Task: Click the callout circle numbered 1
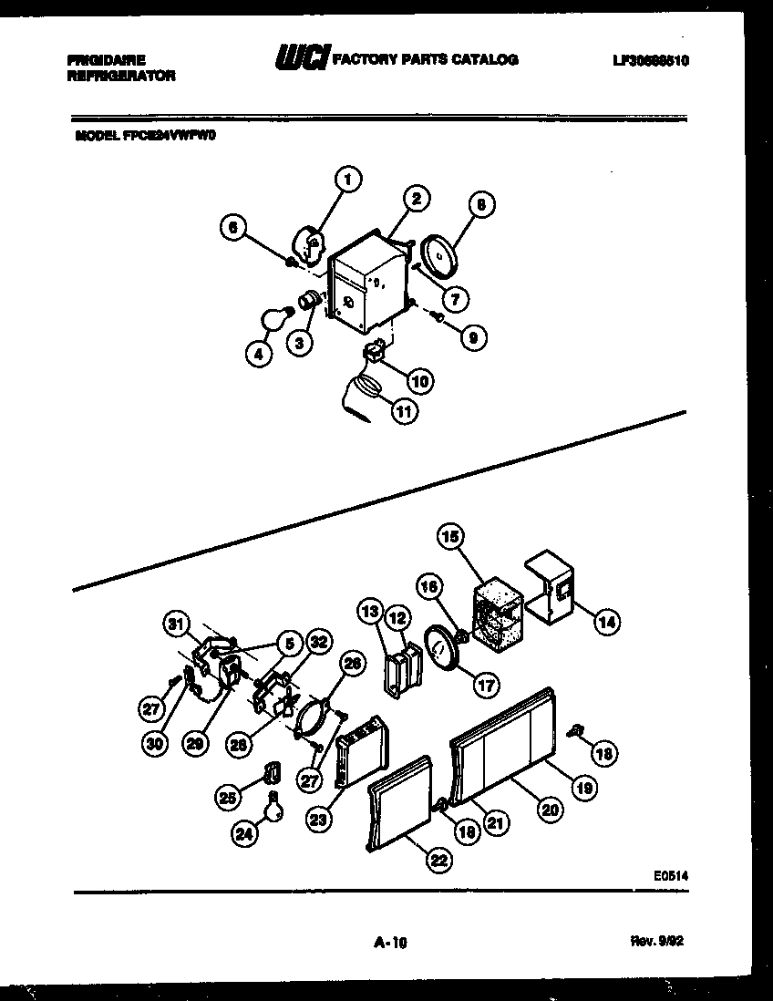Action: click(x=347, y=180)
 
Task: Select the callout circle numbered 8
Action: click(x=479, y=206)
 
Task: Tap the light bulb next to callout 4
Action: click(x=274, y=319)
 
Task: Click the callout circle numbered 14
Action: click(x=605, y=623)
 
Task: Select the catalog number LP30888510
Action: click(x=651, y=61)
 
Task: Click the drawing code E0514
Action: click(x=670, y=874)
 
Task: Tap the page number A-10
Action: click(x=389, y=945)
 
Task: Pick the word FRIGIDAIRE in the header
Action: click(x=106, y=59)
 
